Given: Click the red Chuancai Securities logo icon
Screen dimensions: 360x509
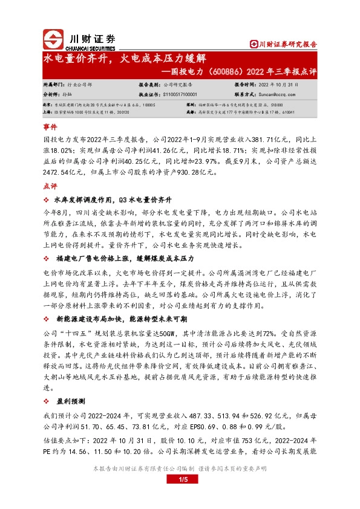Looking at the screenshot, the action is (x=54, y=40).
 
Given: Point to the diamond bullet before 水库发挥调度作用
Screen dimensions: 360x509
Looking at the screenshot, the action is (x=47, y=199).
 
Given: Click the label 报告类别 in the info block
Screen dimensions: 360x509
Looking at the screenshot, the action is (x=148, y=86).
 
